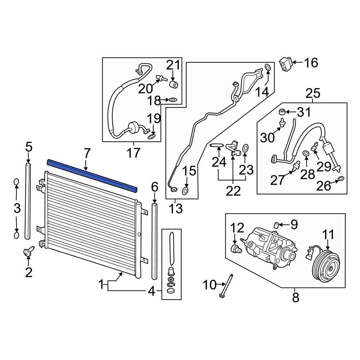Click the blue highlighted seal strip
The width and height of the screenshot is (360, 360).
pos(92,176)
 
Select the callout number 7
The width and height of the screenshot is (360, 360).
pos(87,154)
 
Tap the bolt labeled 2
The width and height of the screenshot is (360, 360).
pos(28,252)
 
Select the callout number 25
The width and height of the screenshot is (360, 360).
pos(313,94)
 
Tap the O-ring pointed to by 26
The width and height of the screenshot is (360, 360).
pos(341,179)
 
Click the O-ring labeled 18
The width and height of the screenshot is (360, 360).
pos(172,100)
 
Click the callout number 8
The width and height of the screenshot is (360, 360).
pos(295,297)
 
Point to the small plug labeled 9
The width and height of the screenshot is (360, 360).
pos(277,225)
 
